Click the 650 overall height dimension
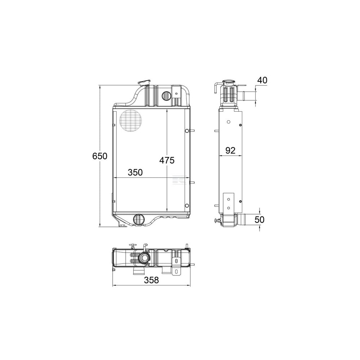point(100,156)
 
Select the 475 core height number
point(167,160)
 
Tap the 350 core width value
point(135,172)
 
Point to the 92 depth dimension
point(230,150)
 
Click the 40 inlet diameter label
point(262,80)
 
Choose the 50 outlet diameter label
point(260,220)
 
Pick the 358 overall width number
point(151,280)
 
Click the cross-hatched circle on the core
point(131,121)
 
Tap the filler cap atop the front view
point(144,82)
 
